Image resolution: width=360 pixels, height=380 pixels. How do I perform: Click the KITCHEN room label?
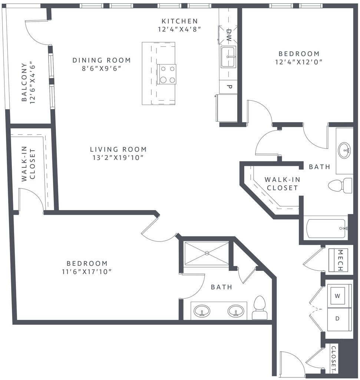pos(180,21)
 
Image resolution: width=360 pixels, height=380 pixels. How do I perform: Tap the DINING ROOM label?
pos(102,60)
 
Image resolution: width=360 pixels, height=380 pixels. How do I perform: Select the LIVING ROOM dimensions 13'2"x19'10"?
pos(118,158)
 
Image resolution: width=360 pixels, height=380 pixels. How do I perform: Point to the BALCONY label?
pos(24,82)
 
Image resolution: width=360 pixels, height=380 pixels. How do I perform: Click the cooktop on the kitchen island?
pos(167,74)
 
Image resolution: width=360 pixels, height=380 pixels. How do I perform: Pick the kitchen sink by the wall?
pos(229,57)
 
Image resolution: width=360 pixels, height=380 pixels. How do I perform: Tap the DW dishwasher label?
pos(229,33)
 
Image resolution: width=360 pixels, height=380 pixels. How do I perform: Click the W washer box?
pos(337,296)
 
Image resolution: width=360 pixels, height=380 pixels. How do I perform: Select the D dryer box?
pos(337,319)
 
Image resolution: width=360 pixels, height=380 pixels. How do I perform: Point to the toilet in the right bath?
pos(340,186)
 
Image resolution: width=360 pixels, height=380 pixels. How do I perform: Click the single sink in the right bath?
pos(344,150)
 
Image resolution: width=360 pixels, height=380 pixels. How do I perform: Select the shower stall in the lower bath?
pos(207,253)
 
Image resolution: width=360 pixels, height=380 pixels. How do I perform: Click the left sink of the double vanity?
pos(202,311)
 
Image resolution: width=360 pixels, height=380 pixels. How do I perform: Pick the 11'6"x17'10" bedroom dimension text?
pos(87,272)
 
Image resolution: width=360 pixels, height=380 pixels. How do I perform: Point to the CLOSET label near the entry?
pos(333,359)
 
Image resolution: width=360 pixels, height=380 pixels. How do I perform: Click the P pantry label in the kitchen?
pos(229,87)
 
